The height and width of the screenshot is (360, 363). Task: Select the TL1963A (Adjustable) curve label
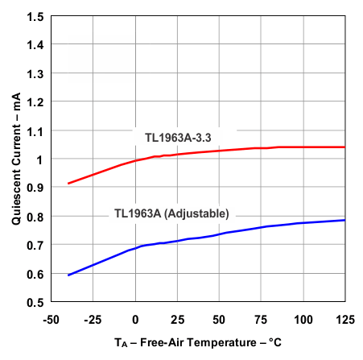point(171,213)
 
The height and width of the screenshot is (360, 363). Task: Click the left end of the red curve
point(68,183)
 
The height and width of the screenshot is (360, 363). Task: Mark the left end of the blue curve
point(68,275)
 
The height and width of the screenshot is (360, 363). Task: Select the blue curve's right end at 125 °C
point(344,220)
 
